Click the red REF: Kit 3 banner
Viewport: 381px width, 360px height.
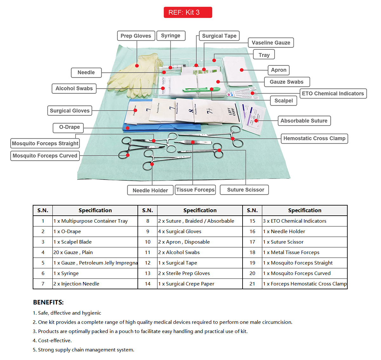click(188, 12)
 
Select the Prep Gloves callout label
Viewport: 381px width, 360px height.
click(136, 36)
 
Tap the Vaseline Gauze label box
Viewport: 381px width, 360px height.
click(271, 43)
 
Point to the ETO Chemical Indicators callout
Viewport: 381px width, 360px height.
click(333, 94)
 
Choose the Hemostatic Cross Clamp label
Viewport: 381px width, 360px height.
click(314, 139)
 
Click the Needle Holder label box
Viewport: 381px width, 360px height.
click(150, 190)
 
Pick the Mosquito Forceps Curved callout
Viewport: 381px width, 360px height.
click(45, 156)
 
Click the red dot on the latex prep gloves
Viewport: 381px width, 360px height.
click(137, 66)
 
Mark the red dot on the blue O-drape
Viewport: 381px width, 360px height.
click(128, 128)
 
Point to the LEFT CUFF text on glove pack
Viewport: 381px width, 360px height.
click(231, 111)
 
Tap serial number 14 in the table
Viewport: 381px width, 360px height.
click(148, 284)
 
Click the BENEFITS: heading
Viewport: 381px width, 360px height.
click(48, 302)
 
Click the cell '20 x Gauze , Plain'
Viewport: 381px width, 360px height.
click(73, 252)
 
